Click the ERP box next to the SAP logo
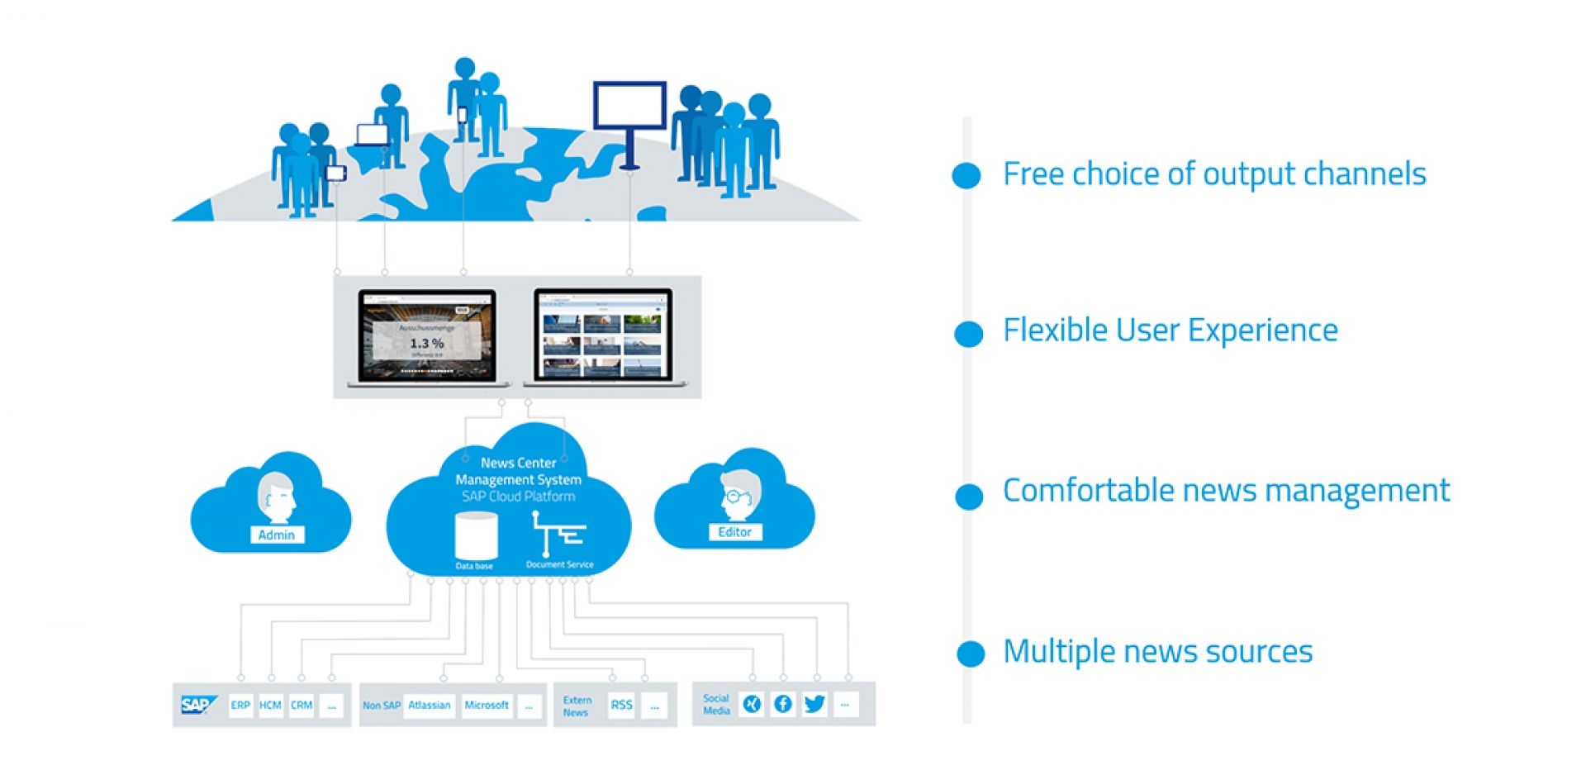[240, 705]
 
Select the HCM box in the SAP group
[270, 705]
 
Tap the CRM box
[302, 705]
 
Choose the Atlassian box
[430, 705]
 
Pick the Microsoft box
[487, 705]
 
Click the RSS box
[621, 705]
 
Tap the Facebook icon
[782, 704]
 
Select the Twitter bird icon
[814, 704]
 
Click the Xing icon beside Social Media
[751, 704]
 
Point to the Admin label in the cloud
[277, 535]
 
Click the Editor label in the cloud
[734, 532]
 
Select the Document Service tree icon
[558, 534]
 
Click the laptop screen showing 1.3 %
[427, 335]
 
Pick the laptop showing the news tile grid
[602, 335]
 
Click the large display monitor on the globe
[629, 105]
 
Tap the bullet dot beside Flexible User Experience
[968, 334]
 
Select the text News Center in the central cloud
[518, 463]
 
